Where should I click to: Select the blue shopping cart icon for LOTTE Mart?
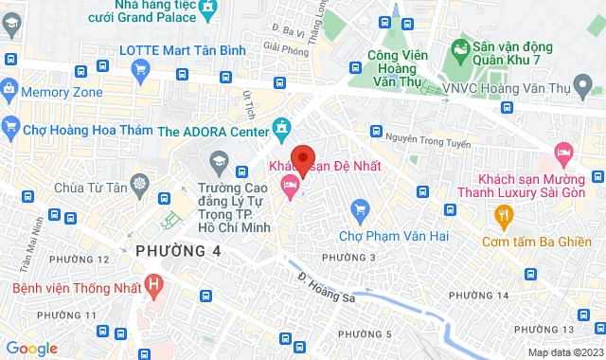point(140,68)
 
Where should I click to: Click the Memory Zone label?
point(62,92)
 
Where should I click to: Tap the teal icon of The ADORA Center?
point(281,127)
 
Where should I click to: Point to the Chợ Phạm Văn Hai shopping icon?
point(359,208)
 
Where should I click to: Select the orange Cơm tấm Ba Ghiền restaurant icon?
point(503,216)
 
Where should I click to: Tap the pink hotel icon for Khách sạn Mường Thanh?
point(563,151)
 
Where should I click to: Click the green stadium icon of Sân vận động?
point(460,45)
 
